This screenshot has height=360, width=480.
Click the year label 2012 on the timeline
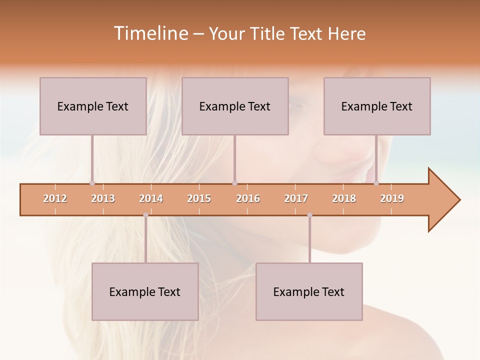55,199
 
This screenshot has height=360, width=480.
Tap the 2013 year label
103,199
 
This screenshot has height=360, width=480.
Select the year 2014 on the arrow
151,199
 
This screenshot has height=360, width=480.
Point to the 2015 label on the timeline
199,199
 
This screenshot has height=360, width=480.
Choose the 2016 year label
248,199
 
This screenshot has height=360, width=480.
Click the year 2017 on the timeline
296,199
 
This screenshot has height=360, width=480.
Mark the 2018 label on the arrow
344,199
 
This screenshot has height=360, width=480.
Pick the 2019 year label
392,199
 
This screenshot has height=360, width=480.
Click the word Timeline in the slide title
150,33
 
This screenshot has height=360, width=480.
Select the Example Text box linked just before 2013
93,106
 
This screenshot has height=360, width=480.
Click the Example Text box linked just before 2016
235,106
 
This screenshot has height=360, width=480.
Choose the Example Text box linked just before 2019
377,106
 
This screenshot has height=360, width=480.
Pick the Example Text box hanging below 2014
145,291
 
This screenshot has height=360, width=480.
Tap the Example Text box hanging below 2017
309,291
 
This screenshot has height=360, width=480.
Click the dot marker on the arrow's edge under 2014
145,215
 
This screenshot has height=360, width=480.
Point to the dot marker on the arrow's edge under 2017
309,215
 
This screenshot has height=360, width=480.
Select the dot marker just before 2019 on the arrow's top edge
376,183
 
